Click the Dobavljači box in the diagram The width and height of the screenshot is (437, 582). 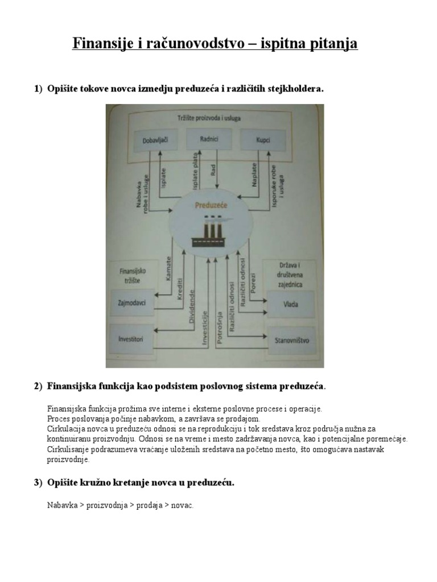147,139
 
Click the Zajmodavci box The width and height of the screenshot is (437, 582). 132,303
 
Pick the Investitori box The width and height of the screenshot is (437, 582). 131,339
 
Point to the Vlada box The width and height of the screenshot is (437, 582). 290,304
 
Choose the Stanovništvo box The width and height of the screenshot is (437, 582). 291,340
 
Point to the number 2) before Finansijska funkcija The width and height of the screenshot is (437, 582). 38,386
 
